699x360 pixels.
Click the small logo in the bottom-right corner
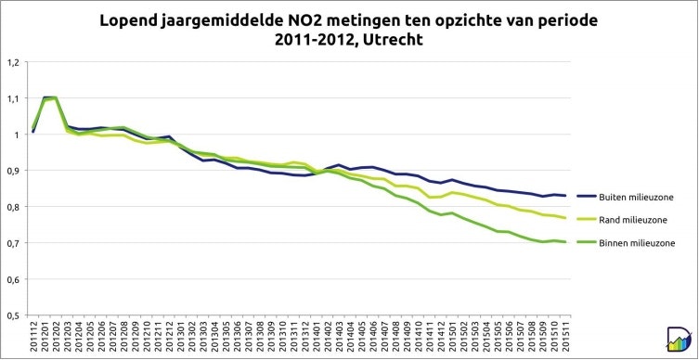pyautogui.click(x=679, y=340)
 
